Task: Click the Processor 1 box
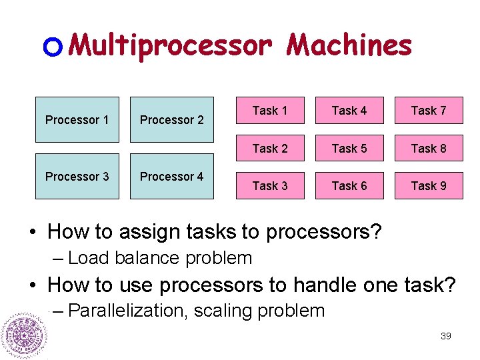coord(77,120)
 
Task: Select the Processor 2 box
coord(171,120)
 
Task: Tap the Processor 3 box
coord(77,177)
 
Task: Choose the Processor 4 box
coord(171,177)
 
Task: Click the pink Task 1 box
coord(270,111)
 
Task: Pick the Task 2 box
coord(270,149)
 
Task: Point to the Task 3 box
coord(270,186)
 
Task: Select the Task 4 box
coord(349,111)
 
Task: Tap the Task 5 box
coord(349,149)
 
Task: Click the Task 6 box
coord(349,186)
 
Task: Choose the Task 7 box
coord(429,111)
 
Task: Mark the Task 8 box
coord(429,149)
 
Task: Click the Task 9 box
coord(429,186)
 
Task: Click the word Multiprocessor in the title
coord(171,45)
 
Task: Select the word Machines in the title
coord(349,45)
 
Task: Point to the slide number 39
coord(446,336)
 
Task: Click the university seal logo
coord(24,334)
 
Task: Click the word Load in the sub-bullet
coord(90,258)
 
